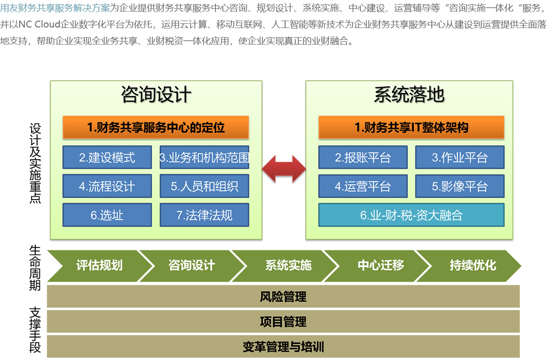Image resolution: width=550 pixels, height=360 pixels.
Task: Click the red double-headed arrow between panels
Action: (284, 169)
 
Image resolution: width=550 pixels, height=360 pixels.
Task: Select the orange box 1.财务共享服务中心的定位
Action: (156, 127)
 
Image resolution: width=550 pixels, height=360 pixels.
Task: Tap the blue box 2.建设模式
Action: (107, 157)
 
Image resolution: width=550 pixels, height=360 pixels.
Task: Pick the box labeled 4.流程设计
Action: (107, 186)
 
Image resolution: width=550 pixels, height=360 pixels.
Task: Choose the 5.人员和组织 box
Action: (204, 186)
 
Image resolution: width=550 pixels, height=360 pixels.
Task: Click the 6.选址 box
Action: (107, 215)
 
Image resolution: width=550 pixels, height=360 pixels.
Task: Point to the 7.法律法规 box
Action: (204, 215)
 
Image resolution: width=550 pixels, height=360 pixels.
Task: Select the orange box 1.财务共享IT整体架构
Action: (412, 127)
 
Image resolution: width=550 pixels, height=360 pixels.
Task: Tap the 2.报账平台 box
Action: (363, 157)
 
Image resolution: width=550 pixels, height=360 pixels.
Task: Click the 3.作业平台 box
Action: (460, 157)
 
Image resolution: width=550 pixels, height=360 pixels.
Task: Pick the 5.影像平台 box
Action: (460, 186)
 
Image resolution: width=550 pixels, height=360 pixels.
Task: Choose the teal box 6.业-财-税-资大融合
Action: (412, 215)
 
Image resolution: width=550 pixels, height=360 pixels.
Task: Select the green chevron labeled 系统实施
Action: (288, 266)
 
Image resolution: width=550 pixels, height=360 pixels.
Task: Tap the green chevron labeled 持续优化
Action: (473, 266)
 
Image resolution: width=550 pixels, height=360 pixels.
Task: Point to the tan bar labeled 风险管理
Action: (283, 297)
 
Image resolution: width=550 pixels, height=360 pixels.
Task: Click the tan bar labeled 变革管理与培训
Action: (283, 347)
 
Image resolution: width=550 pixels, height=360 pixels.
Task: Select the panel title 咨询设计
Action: (156, 95)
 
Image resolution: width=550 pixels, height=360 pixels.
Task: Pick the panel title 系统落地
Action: (409, 95)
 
